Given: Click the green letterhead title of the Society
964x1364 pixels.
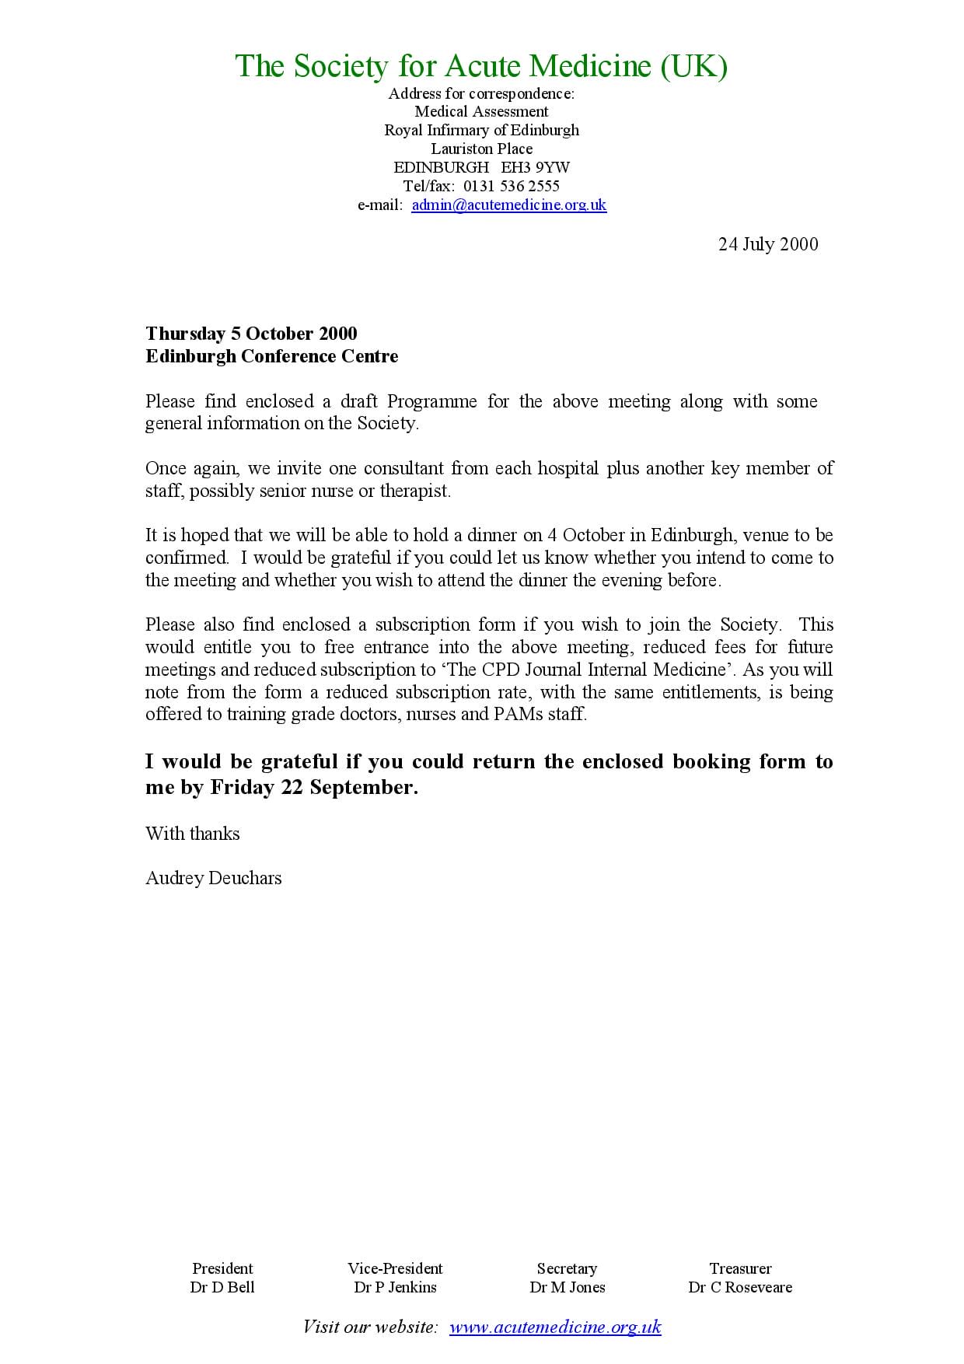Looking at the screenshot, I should click(481, 66).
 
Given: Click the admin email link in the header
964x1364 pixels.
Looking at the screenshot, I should click(508, 205).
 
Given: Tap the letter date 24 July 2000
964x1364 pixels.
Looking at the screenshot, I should click(767, 244).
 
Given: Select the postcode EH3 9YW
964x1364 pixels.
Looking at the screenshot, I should click(536, 167).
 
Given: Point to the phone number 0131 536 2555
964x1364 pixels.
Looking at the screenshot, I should click(511, 186).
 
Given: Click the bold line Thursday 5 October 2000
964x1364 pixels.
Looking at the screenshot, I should click(251, 334).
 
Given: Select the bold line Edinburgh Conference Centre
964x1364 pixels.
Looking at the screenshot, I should click(271, 356).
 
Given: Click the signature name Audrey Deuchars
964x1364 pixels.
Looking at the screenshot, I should click(213, 878).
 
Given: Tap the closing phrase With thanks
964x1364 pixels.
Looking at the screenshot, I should click(192, 834).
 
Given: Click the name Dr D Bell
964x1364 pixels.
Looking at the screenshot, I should click(222, 1287).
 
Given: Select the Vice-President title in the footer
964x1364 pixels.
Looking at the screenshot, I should click(395, 1268).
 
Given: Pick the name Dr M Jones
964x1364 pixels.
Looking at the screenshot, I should click(567, 1287).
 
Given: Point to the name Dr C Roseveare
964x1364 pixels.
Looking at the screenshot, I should click(739, 1287).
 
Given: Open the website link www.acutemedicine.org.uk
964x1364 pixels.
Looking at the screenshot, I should click(555, 1327).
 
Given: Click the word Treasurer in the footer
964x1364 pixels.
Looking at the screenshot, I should click(740, 1268).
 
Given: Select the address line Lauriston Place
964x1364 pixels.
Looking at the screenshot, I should click(481, 149).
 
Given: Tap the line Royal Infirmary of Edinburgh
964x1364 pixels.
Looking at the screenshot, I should click(481, 130).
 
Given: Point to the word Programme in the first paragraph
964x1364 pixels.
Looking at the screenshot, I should click(431, 401).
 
